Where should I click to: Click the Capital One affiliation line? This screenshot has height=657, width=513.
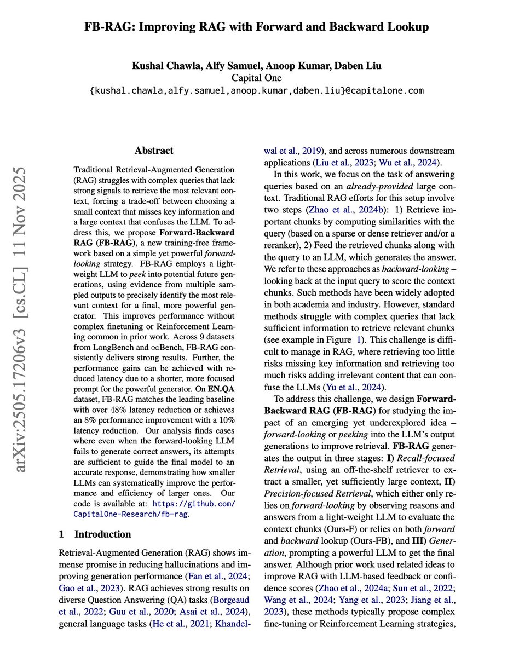(256, 78)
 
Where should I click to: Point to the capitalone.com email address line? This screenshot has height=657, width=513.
(256, 90)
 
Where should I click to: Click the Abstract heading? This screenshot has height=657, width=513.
(154, 150)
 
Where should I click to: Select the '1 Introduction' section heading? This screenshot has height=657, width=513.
(95, 534)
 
